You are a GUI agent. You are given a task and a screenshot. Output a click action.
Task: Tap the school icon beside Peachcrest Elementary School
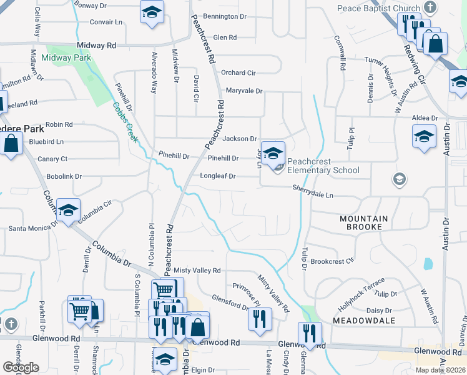(273, 152)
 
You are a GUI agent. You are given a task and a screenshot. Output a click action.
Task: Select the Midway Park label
(66, 57)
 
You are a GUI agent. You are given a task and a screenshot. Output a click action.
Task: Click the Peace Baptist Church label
(378, 8)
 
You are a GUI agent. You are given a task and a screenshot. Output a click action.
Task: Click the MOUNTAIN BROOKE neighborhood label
(364, 222)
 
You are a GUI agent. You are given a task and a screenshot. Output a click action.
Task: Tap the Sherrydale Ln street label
(313, 191)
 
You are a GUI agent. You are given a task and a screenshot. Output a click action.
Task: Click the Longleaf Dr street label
(217, 176)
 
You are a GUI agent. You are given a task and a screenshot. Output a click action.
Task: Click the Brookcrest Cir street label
(332, 261)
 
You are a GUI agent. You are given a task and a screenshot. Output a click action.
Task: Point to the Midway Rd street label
(97, 46)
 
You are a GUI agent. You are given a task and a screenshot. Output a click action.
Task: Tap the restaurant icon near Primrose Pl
(260, 318)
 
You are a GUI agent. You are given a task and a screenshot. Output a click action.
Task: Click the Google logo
(21, 367)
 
